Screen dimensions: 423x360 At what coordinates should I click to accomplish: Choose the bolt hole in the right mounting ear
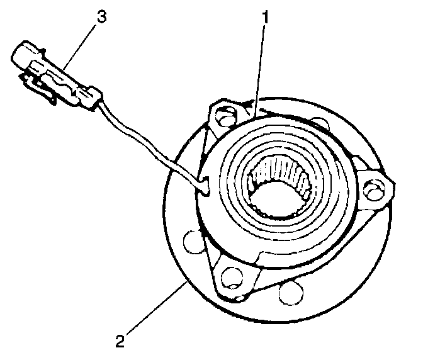point(376,186)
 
